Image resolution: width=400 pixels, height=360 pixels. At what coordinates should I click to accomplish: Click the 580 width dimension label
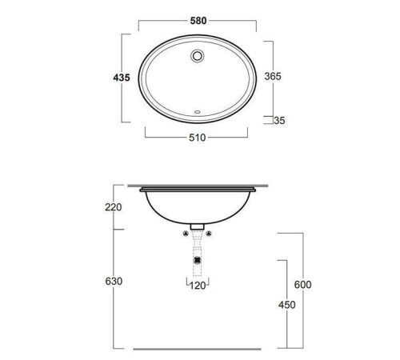pos(198,21)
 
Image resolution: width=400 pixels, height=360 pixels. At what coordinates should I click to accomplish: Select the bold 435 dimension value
pos(122,78)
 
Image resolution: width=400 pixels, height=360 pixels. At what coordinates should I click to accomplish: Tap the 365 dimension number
pos(273,76)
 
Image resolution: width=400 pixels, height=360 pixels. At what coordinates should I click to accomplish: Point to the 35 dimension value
pos(279,121)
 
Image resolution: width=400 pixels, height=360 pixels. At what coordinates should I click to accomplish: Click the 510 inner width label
pos(198,138)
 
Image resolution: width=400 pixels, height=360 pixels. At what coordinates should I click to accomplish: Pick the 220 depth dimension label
pos(114,207)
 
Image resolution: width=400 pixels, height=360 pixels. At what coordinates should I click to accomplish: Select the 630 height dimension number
pos(114,282)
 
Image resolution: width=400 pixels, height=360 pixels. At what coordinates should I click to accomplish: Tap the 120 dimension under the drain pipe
pos(198,286)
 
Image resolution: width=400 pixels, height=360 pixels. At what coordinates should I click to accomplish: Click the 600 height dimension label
pos(302,285)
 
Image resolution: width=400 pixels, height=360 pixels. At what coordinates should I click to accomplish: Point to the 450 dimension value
pos(287,305)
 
